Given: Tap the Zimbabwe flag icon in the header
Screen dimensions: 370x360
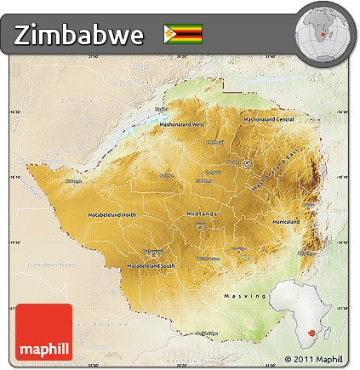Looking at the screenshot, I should click(x=183, y=34).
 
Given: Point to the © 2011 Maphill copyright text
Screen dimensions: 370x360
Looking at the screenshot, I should click(x=316, y=359).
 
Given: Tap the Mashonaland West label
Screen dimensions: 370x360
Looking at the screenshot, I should click(x=186, y=125).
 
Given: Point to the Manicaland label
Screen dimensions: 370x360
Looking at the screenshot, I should click(x=285, y=221).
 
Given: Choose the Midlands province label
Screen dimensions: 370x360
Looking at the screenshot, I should click(x=202, y=214).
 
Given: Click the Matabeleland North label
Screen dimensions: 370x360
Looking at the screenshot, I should click(x=111, y=214).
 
